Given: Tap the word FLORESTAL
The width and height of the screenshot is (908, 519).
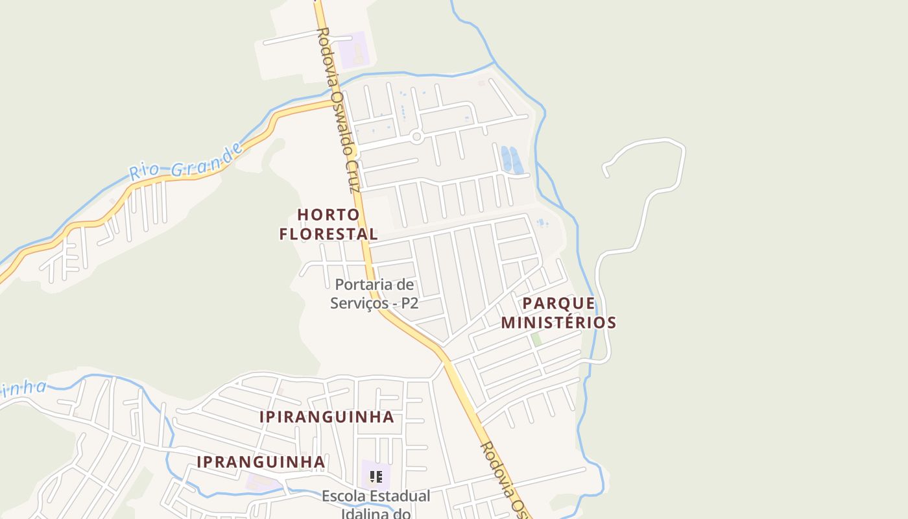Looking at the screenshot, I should pos(328,234).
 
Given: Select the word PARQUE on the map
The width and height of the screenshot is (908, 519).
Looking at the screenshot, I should pos(558,303).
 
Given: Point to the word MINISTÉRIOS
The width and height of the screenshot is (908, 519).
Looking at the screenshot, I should pos(558,322).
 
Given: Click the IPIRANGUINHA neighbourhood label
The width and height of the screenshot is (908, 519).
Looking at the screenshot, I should pos(327,417).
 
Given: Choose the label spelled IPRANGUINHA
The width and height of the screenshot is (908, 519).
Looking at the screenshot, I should pos(261,461).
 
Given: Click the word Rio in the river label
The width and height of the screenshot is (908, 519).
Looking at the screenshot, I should pos(143,172).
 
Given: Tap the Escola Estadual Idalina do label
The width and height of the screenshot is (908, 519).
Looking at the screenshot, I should pos(376,505).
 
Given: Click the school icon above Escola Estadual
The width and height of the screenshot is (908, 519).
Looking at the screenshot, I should pos(376,477).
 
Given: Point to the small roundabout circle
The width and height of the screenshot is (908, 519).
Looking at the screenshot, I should pos(416,137).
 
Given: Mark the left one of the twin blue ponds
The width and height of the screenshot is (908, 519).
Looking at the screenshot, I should pos(506,159).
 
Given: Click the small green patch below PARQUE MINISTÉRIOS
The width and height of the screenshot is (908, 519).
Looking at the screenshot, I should pos(536,339).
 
